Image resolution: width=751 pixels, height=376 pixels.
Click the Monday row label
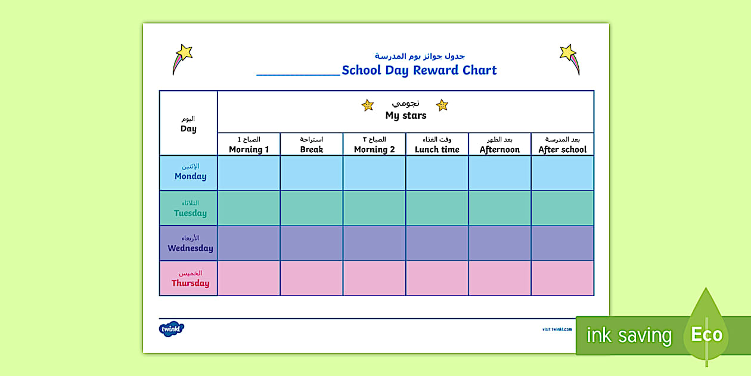(x=189, y=172)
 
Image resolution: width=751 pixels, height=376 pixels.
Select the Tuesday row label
(x=189, y=208)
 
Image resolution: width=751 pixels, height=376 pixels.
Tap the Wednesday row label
(x=189, y=244)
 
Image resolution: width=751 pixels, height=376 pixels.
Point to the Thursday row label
(x=189, y=279)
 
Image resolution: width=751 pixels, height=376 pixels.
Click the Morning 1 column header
(x=249, y=145)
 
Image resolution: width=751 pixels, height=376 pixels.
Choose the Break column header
(x=312, y=145)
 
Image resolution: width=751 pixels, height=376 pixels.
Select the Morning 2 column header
(x=374, y=145)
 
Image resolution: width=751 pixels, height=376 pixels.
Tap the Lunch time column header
(x=437, y=145)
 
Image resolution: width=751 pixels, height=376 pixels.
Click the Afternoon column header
(x=499, y=145)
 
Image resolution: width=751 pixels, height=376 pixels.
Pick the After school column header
(x=562, y=145)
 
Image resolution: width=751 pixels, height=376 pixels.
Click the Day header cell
(x=188, y=124)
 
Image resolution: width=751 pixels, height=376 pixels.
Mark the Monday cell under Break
(x=312, y=173)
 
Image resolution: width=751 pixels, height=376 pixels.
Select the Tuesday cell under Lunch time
(x=437, y=208)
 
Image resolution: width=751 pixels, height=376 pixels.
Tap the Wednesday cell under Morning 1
(x=249, y=244)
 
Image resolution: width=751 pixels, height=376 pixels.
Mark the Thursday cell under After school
(x=562, y=278)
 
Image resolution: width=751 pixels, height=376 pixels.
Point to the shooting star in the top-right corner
(x=570, y=58)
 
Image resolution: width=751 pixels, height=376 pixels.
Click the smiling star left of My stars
(x=368, y=106)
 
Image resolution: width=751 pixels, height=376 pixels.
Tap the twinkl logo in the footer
(x=172, y=329)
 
